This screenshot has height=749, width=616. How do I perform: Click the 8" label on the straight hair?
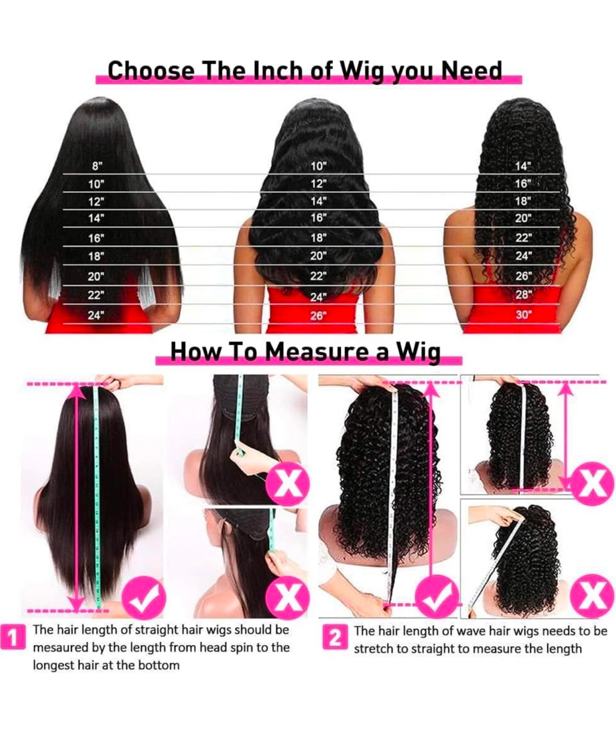97,166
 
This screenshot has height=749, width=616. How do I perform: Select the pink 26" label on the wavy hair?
318,316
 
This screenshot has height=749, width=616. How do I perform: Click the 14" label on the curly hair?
523,166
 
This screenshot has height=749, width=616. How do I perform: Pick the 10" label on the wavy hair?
319,166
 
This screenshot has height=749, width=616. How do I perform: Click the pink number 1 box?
12,638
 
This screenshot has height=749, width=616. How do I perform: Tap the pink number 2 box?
335,638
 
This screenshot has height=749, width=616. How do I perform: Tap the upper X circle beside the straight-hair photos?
287,484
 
